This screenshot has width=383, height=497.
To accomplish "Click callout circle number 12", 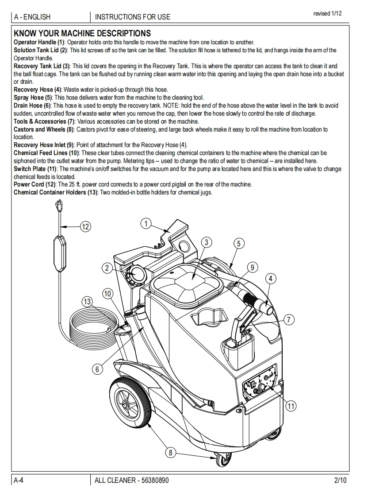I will (85, 227).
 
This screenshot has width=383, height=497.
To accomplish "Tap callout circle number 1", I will (146, 223).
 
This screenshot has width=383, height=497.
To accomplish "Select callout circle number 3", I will (206, 242).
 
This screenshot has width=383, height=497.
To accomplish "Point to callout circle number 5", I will (238, 243).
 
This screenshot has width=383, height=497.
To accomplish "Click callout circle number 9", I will (252, 267).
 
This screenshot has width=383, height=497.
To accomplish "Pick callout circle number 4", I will (270, 279).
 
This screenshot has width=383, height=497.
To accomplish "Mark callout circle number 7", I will (288, 319).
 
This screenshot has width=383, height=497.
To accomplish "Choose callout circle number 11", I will (291, 405).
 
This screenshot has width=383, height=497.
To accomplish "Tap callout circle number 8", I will (170, 452).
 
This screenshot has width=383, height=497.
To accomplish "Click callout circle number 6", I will (97, 369).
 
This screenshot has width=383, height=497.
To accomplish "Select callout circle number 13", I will (87, 302).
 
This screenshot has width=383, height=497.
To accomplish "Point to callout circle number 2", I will (107, 268).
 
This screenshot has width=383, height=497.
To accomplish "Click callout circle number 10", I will (107, 293).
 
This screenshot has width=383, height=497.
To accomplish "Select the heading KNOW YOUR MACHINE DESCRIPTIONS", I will (82, 33).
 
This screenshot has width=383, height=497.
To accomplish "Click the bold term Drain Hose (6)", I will (32, 105).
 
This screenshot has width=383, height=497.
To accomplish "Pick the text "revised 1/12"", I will (327, 14).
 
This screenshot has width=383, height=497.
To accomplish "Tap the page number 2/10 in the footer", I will (341, 480).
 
